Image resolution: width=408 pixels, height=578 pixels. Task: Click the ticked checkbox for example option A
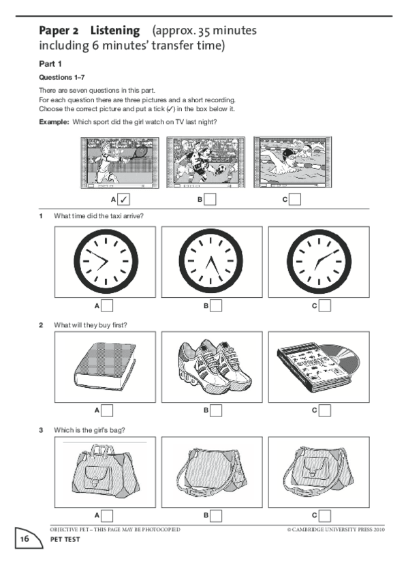point(123,200)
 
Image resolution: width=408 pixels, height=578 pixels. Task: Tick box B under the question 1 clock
point(216,305)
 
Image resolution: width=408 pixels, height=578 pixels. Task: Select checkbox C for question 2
point(325,410)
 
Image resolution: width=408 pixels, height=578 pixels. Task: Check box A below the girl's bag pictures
point(107,515)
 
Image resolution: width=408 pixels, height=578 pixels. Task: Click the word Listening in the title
point(115,31)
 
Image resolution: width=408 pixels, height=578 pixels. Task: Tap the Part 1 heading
point(50,64)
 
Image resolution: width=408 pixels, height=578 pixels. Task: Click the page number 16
point(25,539)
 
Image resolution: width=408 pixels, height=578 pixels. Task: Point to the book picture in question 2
point(105,366)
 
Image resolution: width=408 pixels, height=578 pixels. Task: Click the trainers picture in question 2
point(213,365)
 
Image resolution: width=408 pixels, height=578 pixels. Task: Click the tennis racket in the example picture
point(139,152)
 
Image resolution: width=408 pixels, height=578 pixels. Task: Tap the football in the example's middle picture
point(221,170)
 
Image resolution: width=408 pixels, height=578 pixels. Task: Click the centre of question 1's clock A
point(106,261)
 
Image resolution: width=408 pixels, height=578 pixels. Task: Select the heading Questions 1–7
point(62,78)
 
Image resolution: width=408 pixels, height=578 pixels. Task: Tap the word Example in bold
point(54,122)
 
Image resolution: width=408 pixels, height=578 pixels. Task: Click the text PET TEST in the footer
point(65,539)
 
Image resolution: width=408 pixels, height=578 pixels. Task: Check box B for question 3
point(216,515)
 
